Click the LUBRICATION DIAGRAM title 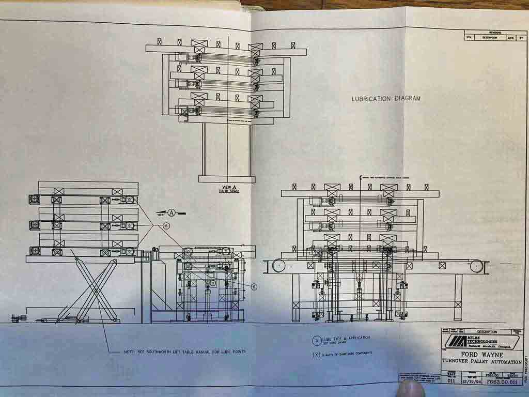click(386, 99)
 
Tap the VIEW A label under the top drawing click(227, 188)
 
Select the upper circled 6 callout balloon click(166, 225)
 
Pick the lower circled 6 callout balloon click(254, 286)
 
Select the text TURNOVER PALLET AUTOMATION click(482, 363)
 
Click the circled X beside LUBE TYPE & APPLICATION click(317, 340)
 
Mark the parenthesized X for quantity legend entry click(317, 355)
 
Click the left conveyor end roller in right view click(279, 266)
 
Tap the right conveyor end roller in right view click(476, 267)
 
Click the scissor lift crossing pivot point click(97, 290)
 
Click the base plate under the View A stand click(227, 179)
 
